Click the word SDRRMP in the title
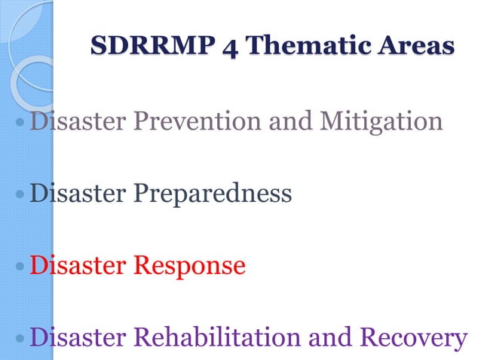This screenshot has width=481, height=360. [x=144, y=46]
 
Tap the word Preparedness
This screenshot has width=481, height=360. [x=213, y=194]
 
